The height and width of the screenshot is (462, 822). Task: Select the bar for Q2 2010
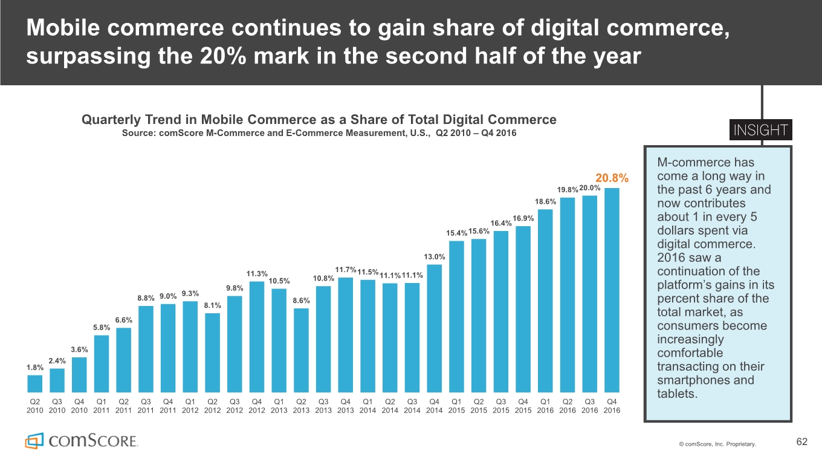click(x=35, y=384)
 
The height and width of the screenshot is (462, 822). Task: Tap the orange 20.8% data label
click(x=612, y=178)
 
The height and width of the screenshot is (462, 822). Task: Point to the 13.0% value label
click(x=435, y=257)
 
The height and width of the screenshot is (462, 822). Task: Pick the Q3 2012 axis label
click(x=235, y=406)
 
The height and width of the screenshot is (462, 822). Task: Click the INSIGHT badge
click(x=761, y=131)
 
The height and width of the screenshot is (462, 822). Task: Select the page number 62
click(x=801, y=442)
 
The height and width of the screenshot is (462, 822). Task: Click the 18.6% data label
click(x=546, y=201)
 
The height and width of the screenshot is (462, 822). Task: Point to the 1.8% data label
click(x=34, y=367)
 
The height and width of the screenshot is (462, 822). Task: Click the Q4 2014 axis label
click(x=434, y=406)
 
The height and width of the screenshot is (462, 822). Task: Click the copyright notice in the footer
click(x=717, y=444)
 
